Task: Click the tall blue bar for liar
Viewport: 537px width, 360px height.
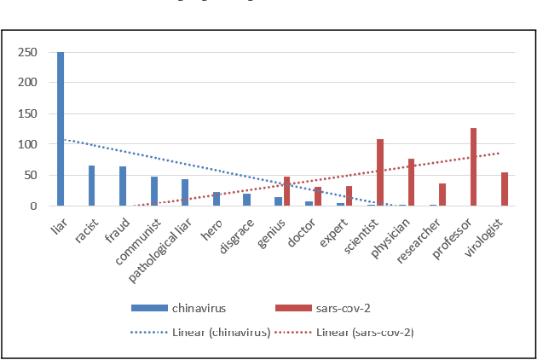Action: (61, 129)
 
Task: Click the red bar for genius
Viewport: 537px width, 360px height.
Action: (287, 191)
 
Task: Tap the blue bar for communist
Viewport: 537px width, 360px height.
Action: (153, 191)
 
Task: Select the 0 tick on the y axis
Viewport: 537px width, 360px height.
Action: (34, 206)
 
